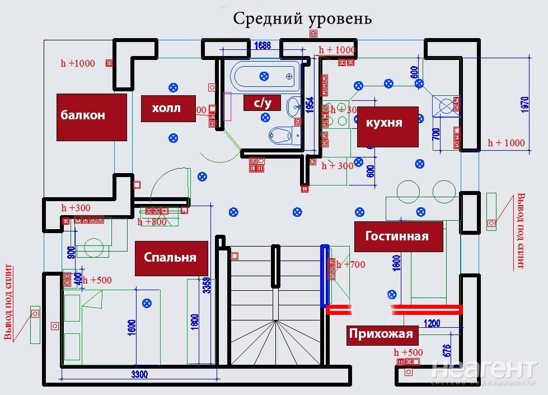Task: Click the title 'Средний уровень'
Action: (302, 18)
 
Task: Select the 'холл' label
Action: (167, 108)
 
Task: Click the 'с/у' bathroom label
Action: (263, 103)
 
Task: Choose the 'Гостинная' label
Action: (397, 236)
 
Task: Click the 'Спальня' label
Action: (170, 257)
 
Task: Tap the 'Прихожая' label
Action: (381, 334)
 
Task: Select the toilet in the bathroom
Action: (282, 134)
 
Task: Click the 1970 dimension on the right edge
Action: (524, 105)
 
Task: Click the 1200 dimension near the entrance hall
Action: (431, 323)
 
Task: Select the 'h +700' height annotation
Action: (350, 264)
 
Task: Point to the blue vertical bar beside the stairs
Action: (324, 276)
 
